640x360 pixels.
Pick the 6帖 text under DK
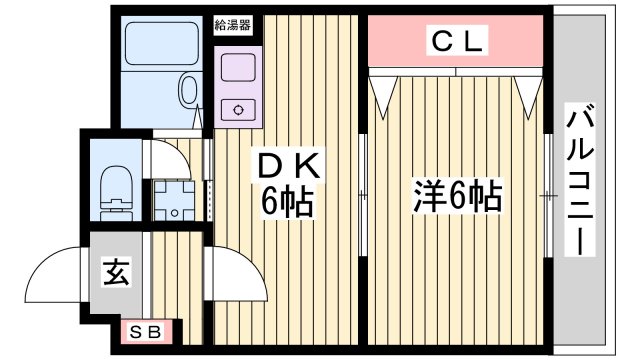288,203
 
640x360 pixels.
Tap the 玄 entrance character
115,271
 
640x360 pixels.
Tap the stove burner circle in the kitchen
240,109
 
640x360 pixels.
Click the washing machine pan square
176,201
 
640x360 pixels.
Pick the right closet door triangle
529,92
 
